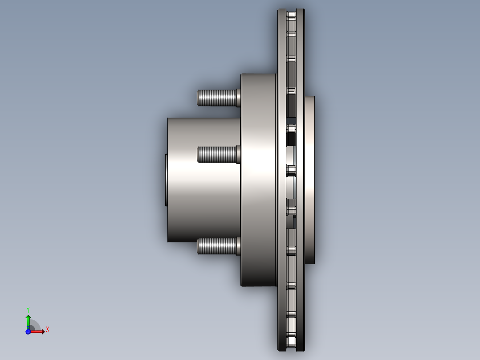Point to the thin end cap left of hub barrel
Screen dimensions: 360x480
click(x=166, y=180)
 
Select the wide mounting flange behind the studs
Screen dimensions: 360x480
click(x=258, y=180)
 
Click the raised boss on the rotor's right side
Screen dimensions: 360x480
click(x=310, y=180)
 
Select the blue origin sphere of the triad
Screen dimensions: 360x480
click(x=28, y=331)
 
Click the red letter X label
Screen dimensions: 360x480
click(x=48, y=330)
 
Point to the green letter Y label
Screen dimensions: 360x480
click(x=28, y=309)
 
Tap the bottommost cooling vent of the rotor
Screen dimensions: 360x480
click(x=291, y=343)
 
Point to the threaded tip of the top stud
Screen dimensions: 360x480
click(x=199, y=98)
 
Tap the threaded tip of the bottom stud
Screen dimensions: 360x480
click(x=199, y=246)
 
